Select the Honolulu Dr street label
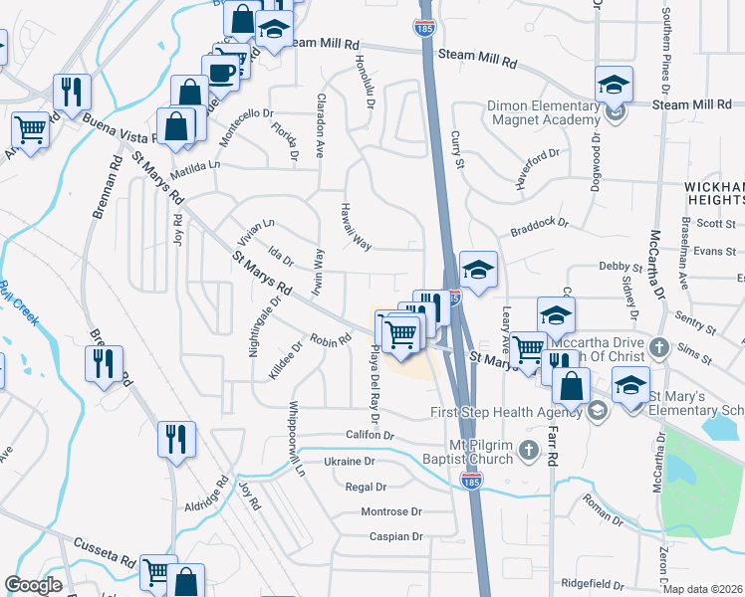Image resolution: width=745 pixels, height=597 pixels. pos(361,74)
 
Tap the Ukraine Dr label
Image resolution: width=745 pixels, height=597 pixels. pos(349,462)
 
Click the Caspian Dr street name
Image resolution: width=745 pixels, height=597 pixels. pos(396,536)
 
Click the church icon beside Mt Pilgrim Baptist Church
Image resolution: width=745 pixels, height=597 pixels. pos(528,454)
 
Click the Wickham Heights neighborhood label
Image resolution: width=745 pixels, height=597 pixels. pos(714,193)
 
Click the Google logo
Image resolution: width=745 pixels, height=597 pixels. pos(32,585)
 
